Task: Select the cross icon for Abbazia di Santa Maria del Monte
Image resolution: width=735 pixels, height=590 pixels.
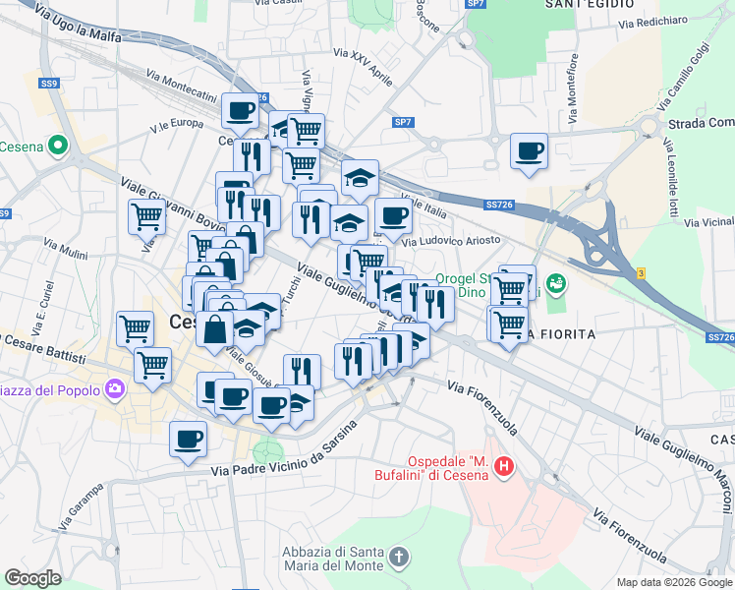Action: tap(398, 559)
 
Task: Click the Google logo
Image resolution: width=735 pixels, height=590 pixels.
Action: tap(33, 577)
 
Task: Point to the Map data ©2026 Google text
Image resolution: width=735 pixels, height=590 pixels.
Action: tap(674, 582)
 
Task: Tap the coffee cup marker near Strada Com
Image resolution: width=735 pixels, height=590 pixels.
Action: tap(529, 152)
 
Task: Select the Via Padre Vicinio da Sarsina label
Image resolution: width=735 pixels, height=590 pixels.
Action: tap(280, 464)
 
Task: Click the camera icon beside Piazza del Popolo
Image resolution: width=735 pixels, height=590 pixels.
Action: tap(116, 390)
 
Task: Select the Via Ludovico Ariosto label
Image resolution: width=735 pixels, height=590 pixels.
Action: tap(451, 240)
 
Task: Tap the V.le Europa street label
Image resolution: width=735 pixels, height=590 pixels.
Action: tap(177, 124)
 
